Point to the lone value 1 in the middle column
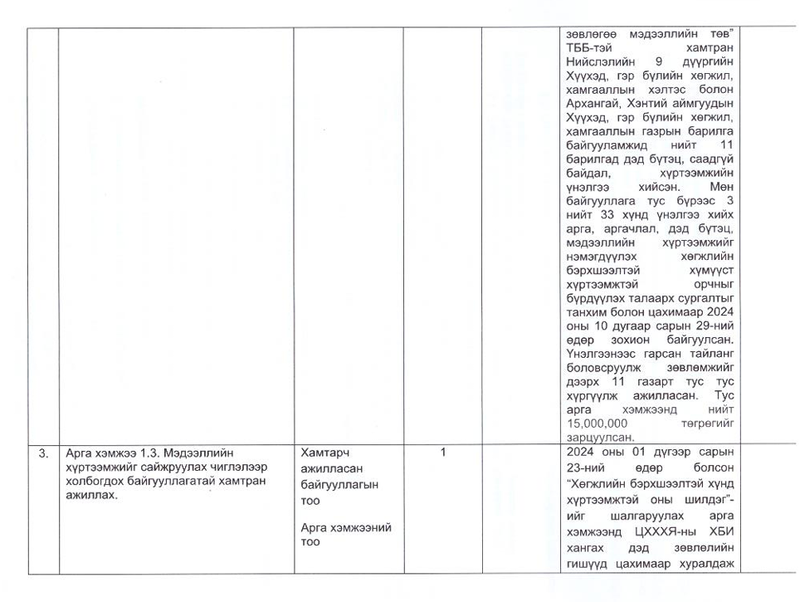coord(442,453)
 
